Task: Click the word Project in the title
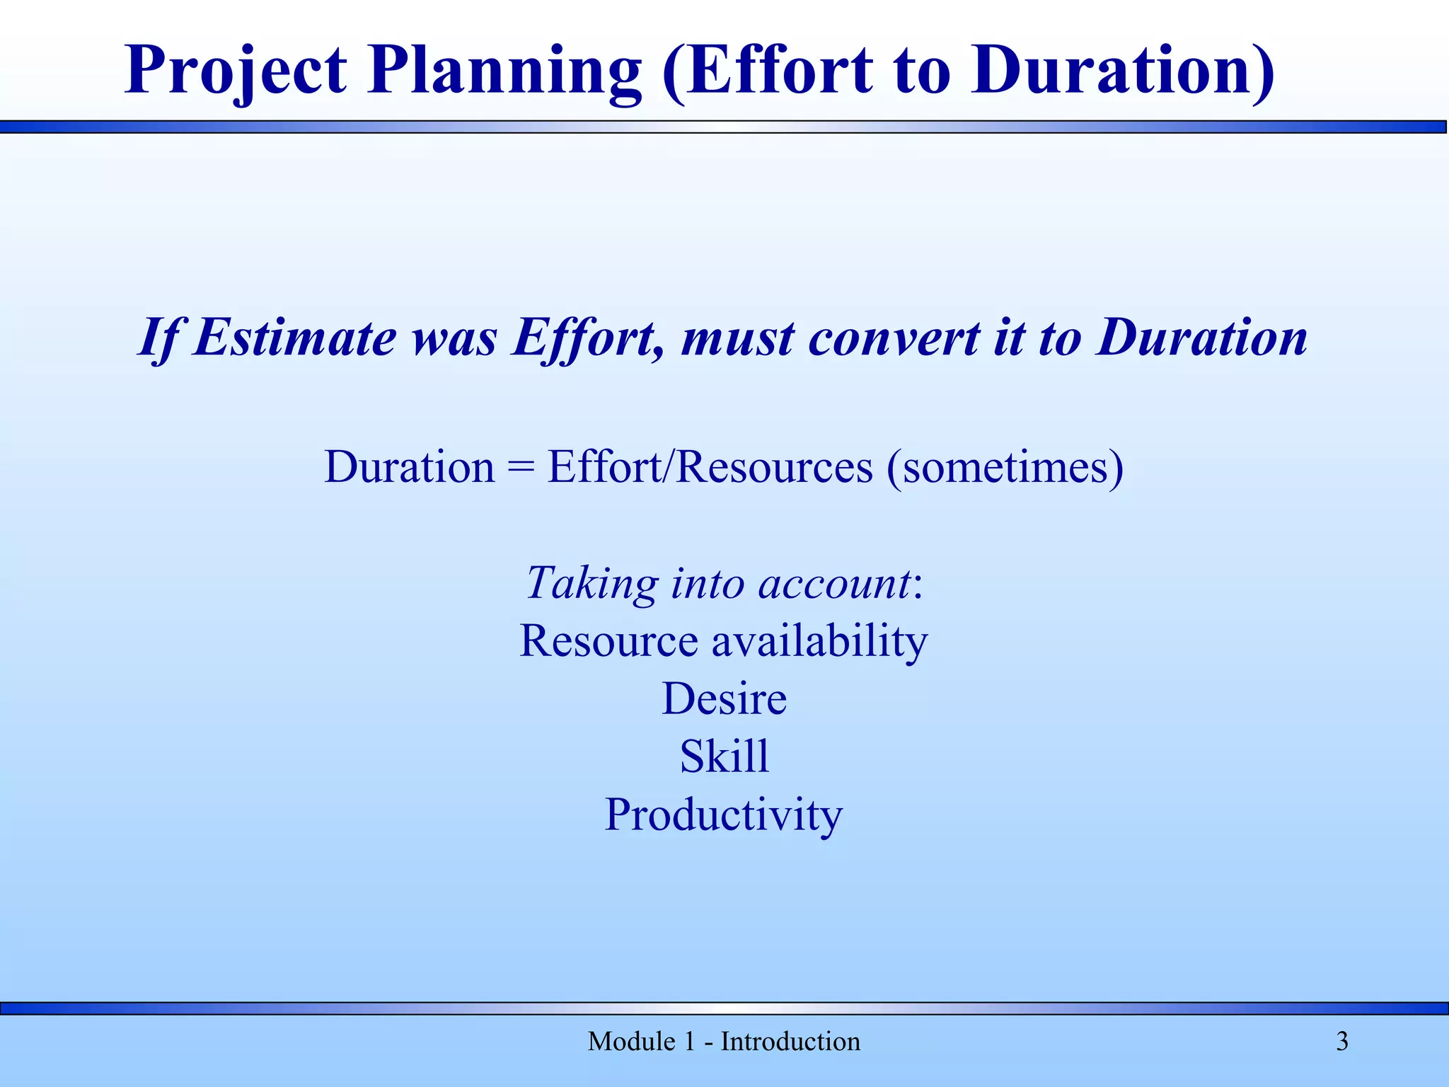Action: point(236,71)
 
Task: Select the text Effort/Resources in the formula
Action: point(710,467)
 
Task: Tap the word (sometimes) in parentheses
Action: point(1005,468)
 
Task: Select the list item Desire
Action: point(724,699)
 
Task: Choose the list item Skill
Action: point(724,757)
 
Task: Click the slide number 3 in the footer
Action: point(1342,1042)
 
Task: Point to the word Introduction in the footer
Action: point(790,1042)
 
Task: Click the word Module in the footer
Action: point(631,1042)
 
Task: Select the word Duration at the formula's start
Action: point(410,467)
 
